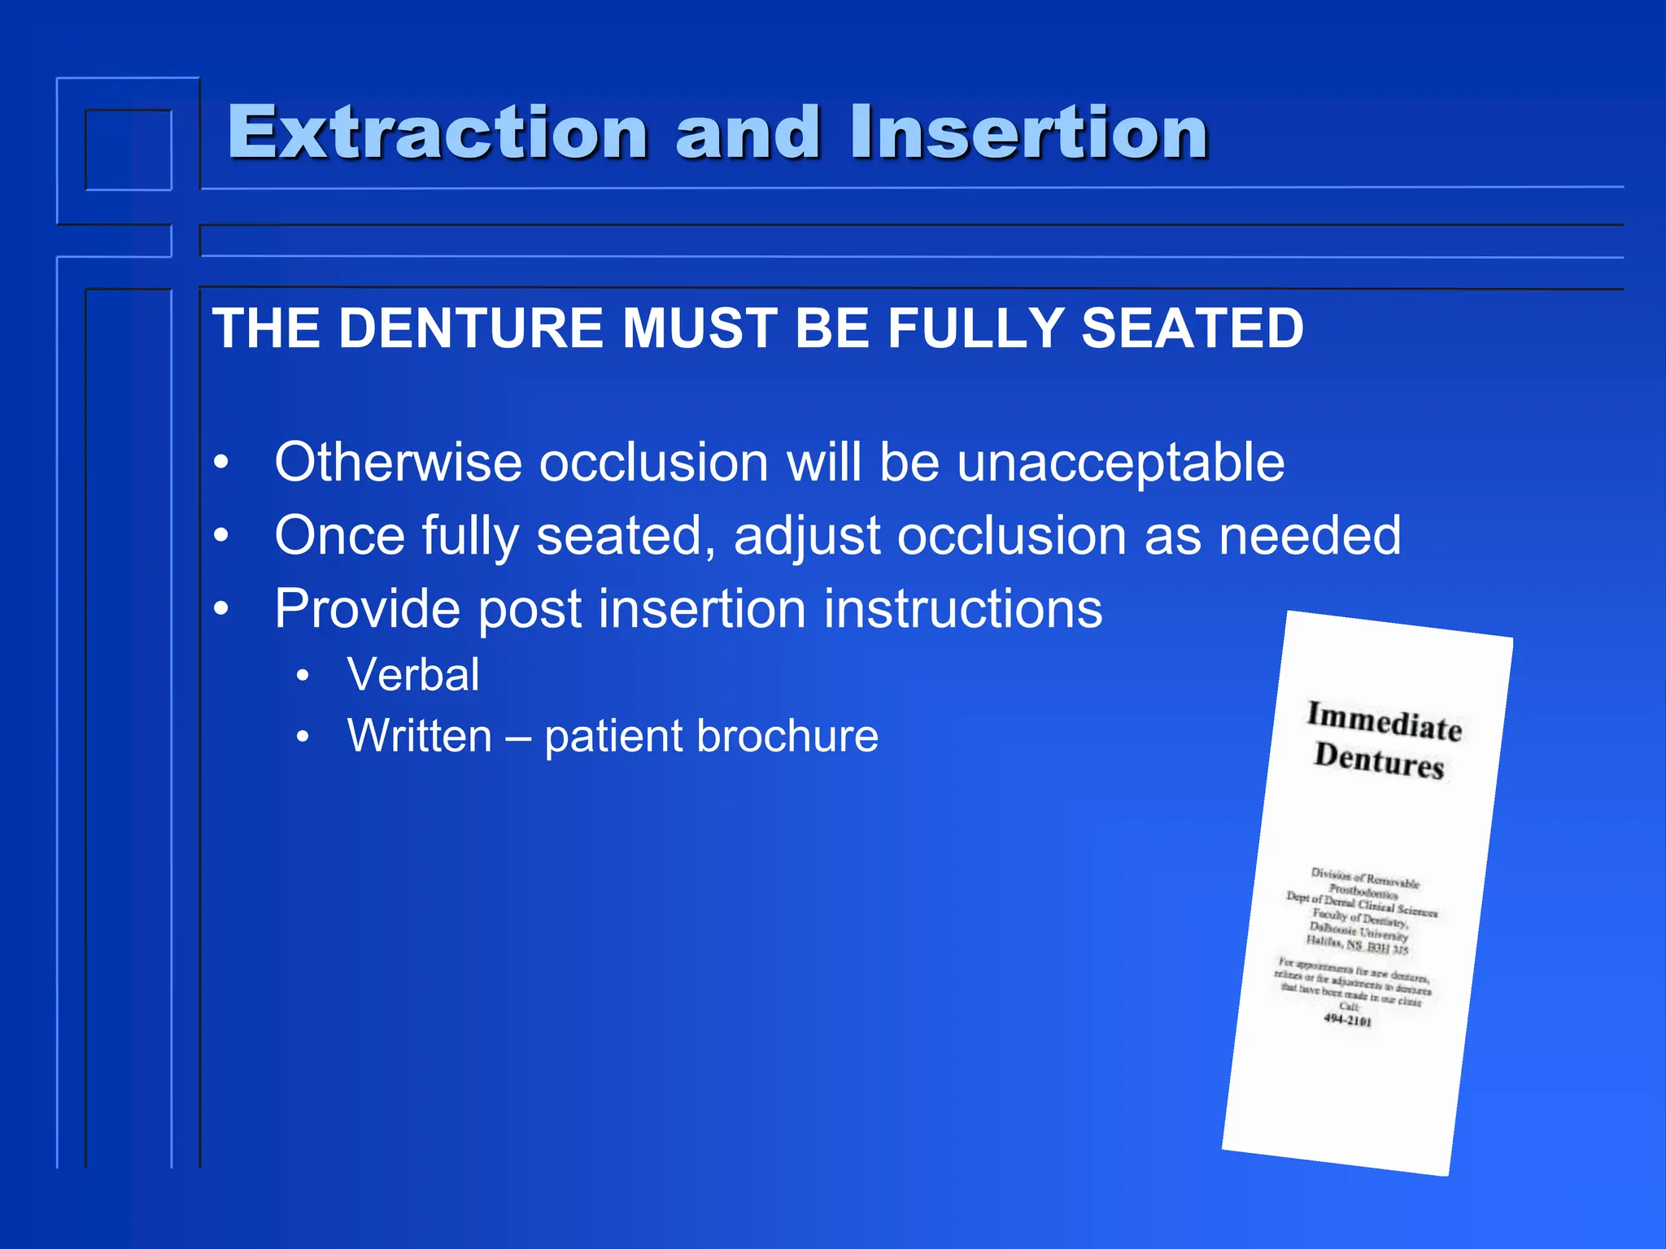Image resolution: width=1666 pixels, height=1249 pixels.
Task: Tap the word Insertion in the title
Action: point(1028,132)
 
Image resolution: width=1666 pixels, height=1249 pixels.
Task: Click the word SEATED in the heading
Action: point(1192,329)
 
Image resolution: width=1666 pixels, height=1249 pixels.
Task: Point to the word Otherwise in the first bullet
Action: point(398,462)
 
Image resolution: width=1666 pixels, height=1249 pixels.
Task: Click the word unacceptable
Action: point(1120,462)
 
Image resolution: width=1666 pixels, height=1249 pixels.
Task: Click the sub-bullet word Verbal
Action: point(413,675)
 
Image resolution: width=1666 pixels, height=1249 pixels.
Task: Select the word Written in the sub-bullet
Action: point(419,736)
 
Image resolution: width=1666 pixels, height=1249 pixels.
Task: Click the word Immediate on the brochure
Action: point(1384,720)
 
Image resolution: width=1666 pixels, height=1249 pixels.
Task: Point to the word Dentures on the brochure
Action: point(1379,759)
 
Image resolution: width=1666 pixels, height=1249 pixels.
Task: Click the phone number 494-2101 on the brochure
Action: point(1347,1020)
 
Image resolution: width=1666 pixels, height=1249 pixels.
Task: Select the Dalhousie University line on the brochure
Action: point(1359,933)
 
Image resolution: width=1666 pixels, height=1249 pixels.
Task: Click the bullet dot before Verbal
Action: point(303,676)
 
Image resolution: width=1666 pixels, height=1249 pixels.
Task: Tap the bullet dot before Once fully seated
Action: point(221,536)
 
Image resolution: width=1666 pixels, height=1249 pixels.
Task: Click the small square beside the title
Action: point(129,150)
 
